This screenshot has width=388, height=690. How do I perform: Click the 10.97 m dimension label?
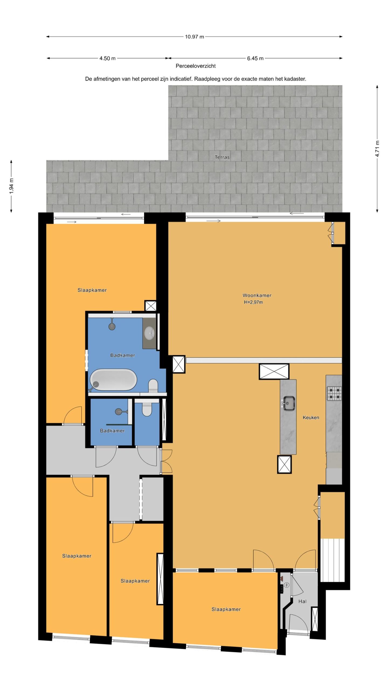pyautogui.click(x=194, y=37)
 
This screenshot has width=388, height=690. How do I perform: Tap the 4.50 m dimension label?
pyautogui.click(x=108, y=58)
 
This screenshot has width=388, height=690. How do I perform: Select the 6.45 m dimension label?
pyautogui.click(x=255, y=58)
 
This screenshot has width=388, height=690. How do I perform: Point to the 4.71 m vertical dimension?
pyautogui.click(x=377, y=149)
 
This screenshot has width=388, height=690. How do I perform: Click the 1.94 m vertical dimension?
pyautogui.click(x=11, y=186)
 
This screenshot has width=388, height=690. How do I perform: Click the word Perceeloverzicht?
pyautogui.click(x=196, y=66)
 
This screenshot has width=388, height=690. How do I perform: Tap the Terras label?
pyautogui.click(x=222, y=157)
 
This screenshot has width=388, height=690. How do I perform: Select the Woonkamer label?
pyautogui.click(x=257, y=295)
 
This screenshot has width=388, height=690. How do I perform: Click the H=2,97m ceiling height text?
pyautogui.click(x=253, y=302)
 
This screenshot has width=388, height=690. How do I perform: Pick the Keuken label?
pyautogui.click(x=311, y=418)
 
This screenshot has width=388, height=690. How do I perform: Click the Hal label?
pyautogui.click(x=302, y=601)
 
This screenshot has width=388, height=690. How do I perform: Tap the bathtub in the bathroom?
pyautogui.click(x=113, y=380)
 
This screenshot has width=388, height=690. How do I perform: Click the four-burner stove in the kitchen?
pyautogui.click(x=334, y=393)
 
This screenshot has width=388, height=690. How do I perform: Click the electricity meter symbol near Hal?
pyautogui.click(x=287, y=585)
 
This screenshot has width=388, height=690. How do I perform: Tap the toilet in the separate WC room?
pyautogui.click(x=147, y=410)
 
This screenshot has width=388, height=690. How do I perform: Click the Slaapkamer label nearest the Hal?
pyautogui.click(x=226, y=609)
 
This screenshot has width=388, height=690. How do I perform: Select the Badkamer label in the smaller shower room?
pyautogui.click(x=112, y=431)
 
